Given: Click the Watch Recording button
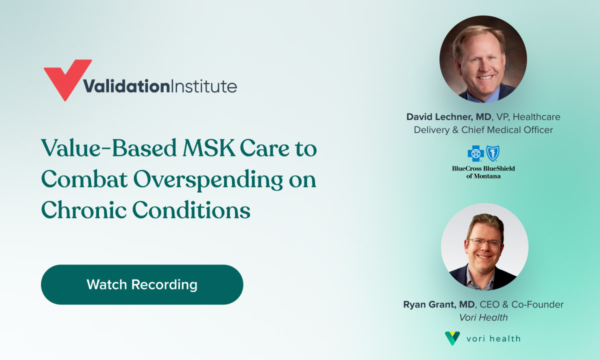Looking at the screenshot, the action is [x=142, y=284].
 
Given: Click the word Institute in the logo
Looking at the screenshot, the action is [x=203, y=86].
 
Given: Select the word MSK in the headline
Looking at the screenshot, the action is [x=208, y=148].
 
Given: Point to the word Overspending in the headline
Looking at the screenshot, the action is [x=208, y=180].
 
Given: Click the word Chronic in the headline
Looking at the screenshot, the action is [x=83, y=209].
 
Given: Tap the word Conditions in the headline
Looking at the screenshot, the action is [x=191, y=209].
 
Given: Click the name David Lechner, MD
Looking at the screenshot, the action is [x=448, y=117].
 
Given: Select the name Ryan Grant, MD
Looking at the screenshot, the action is [x=439, y=304].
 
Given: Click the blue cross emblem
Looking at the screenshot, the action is [x=475, y=153].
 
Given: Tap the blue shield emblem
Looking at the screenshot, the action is [x=493, y=153].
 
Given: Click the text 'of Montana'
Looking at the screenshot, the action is [x=483, y=176].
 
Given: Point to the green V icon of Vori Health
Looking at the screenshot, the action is [x=452, y=338].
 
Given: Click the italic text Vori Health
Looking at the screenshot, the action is [x=483, y=317].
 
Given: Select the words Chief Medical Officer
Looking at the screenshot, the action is [x=507, y=130].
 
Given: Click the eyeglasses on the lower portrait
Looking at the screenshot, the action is [x=485, y=243].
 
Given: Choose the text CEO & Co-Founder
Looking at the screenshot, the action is [x=521, y=304].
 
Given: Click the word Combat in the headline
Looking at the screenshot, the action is [x=84, y=179].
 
